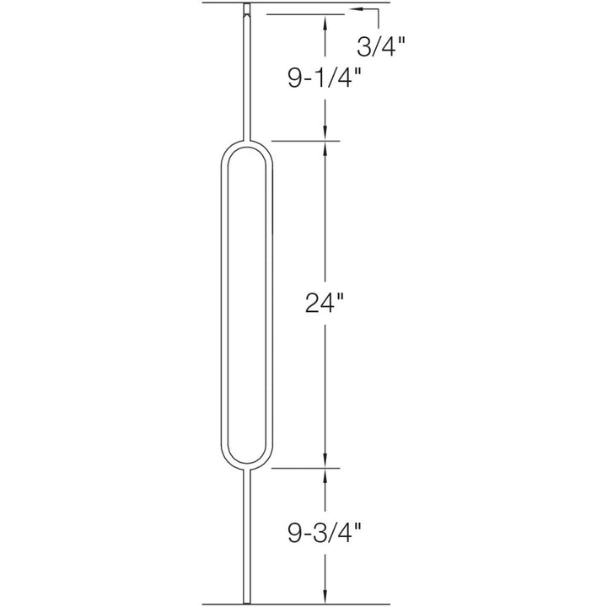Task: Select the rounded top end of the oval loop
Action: point(246,144)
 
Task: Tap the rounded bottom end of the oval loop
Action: point(246,464)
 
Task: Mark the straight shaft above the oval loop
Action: point(246,76)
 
